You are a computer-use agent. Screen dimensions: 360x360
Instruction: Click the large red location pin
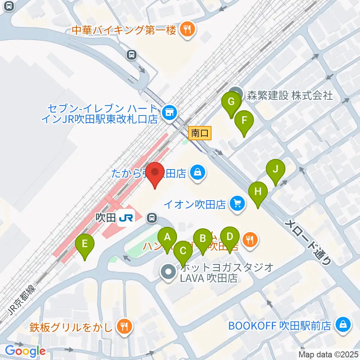155,172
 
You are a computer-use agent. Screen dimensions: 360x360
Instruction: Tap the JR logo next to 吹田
124,218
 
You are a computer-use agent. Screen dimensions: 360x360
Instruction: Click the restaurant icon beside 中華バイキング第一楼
186,30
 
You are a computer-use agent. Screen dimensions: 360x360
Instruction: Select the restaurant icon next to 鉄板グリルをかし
123,327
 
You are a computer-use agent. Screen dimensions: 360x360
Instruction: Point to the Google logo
25,351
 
